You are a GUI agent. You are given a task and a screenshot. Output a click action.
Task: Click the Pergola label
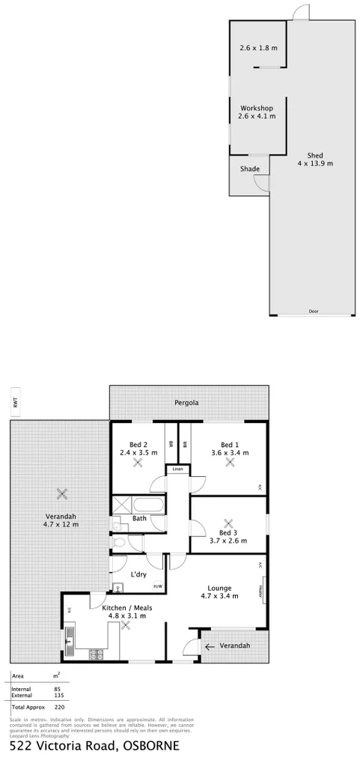point(188,402)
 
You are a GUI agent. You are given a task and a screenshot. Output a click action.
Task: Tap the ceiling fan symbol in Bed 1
point(231,462)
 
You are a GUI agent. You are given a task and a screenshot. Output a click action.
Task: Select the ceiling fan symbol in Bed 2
point(138,462)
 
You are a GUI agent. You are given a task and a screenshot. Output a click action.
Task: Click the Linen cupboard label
point(177,469)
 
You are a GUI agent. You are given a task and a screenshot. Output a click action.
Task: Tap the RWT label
point(14,402)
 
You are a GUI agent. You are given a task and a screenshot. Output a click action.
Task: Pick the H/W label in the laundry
point(157,586)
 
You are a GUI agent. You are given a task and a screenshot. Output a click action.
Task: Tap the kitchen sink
point(70,639)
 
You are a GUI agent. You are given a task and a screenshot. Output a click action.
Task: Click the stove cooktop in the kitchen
point(96,654)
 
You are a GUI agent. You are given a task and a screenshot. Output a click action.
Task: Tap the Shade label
point(249,169)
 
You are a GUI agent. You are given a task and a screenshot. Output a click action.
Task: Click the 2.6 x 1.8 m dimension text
point(258,48)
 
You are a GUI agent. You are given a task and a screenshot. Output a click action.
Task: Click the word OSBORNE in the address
point(149,747)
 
